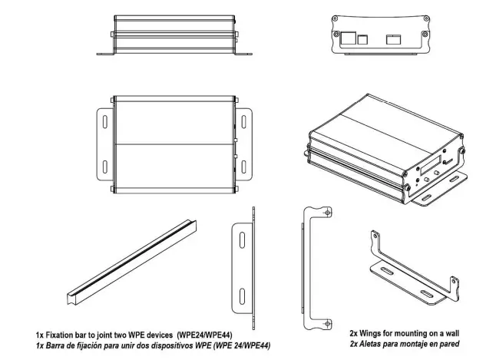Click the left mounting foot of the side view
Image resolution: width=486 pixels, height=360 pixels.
tap(104, 53)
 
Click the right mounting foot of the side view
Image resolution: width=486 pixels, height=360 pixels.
tap(243, 53)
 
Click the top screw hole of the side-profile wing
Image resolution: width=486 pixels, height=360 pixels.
tap(329, 213)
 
